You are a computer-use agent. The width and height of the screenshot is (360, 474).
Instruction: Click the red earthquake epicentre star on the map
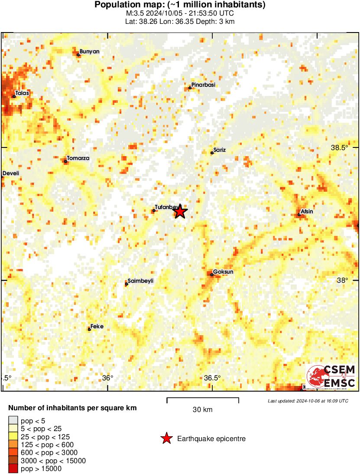(180, 212)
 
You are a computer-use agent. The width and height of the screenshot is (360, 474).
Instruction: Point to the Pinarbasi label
(203, 85)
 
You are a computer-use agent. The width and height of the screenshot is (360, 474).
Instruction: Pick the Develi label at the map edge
(11, 173)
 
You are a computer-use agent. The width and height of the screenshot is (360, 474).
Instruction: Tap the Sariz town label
(220, 150)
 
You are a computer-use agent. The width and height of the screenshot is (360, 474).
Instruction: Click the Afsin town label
(307, 212)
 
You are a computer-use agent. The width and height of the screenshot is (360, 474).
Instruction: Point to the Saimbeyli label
(140, 281)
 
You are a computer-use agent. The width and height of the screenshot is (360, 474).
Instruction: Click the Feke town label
(97, 327)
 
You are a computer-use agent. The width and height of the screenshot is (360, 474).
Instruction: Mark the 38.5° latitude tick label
(340, 147)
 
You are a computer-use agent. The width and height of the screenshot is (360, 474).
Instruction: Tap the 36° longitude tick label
(107, 378)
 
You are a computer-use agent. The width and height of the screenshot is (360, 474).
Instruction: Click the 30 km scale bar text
(202, 409)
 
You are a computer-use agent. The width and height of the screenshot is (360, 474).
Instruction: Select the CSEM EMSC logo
(331, 376)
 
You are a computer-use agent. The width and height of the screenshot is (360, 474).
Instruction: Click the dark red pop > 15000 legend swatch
(13, 468)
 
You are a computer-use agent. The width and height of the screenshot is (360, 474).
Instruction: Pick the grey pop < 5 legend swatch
(13, 420)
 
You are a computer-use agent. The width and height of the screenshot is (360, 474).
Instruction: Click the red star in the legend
(166, 439)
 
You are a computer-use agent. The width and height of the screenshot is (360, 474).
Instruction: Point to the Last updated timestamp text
(308, 401)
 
